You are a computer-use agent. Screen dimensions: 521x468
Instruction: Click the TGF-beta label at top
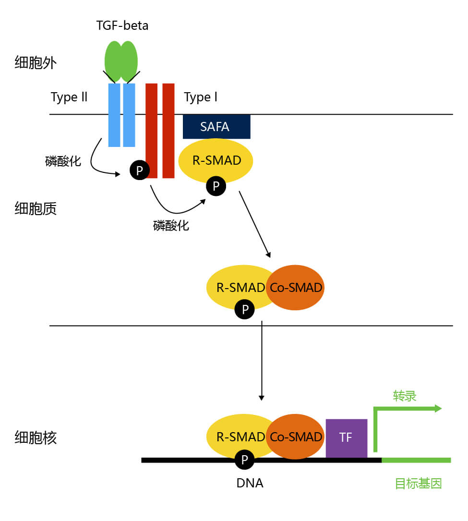coord(122,25)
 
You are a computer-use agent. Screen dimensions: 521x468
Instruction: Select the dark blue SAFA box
coord(216,127)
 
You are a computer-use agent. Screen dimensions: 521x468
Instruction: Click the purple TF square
coord(346,438)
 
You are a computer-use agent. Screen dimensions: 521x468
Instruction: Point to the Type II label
coord(69,97)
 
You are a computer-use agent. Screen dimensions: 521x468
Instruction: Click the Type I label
coord(201,97)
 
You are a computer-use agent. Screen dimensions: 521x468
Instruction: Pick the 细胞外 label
coord(36,63)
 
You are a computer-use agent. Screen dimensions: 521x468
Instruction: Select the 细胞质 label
coord(36,208)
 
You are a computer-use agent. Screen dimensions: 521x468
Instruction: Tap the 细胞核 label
coord(36,437)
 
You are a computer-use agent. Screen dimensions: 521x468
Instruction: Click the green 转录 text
coord(404,396)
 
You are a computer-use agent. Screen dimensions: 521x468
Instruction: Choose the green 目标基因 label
coord(418,483)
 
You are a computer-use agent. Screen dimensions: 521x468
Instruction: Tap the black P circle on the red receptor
coord(139,170)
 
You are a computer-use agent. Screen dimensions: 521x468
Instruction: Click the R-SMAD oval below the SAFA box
coord(216,160)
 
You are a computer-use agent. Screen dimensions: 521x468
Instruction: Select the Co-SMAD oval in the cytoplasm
coord(296,288)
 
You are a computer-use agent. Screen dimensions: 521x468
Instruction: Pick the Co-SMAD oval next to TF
coord(296,437)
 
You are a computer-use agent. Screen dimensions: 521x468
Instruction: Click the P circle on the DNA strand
coord(245,460)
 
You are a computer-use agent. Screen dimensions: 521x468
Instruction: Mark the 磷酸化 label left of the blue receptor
coord(63,161)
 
